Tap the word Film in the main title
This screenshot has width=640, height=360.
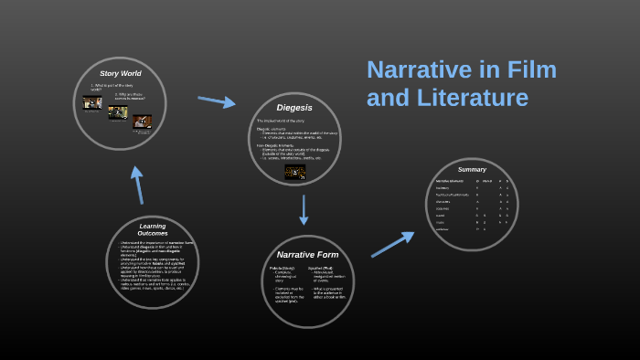coord(527,70)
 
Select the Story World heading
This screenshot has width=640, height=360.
coord(120,73)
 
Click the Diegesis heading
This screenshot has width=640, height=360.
coord(295,108)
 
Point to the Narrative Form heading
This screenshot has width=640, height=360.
coord(307,254)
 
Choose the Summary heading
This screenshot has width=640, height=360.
coord(472,169)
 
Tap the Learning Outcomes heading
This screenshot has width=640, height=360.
coord(153,229)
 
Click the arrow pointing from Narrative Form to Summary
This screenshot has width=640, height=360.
coord(392,244)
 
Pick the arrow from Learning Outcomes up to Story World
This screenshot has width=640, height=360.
coord(138,185)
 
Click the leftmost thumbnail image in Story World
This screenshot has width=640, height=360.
coord(91,103)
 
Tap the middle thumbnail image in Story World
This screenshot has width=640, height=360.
coord(117,112)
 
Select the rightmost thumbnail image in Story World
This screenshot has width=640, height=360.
coord(142,121)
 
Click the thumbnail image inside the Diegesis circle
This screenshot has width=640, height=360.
coord(295,172)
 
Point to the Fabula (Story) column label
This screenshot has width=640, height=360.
coord(282,269)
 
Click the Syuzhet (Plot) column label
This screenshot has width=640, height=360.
coord(321,269)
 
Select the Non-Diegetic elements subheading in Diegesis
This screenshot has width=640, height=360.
coord(277,144)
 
